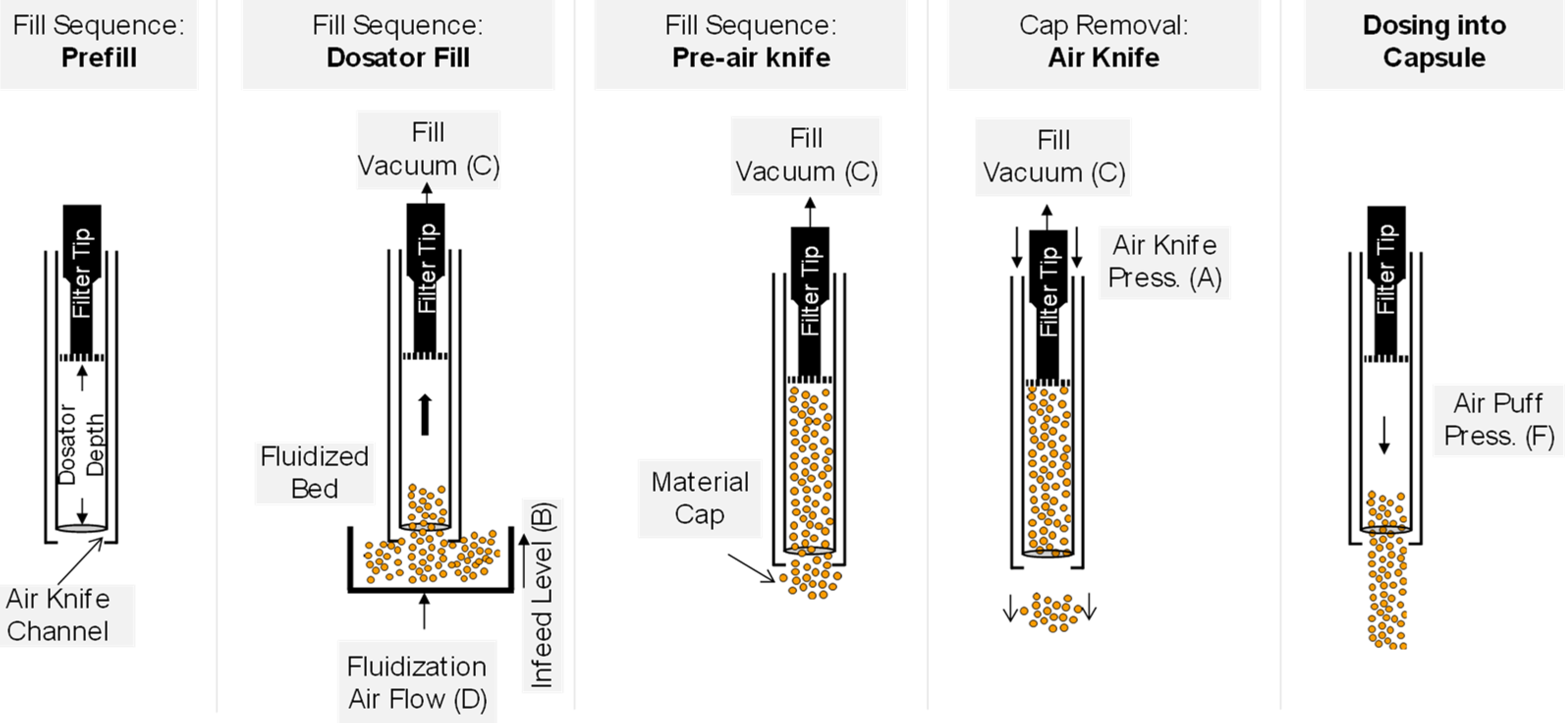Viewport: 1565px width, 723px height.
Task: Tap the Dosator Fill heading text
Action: coord(398,58)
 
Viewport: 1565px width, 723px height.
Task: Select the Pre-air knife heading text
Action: coord(751,58)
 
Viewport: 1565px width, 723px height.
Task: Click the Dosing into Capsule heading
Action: coord(1434,41)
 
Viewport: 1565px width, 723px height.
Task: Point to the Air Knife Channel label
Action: coord(58,615)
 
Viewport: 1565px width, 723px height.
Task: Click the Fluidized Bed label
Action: coord(314,473)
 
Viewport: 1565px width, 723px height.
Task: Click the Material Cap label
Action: coord(699,498)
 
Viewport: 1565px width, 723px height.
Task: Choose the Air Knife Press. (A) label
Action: coord(1164,262)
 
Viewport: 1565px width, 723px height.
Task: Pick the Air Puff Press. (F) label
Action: coord(1498,419)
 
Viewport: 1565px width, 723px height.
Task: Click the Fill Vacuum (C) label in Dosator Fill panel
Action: coord(428,149)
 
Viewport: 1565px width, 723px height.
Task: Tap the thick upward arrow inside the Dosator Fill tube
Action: coord(425,415)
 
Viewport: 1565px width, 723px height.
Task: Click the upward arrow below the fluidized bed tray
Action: coord(424,611)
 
